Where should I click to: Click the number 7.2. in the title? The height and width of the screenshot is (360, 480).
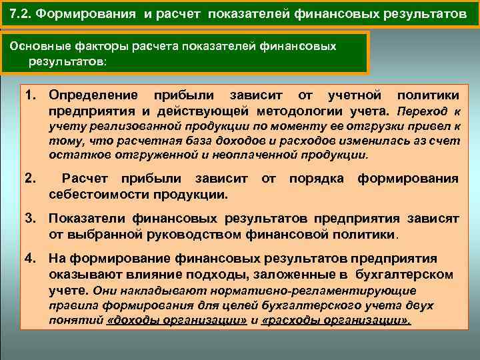pos(23,13)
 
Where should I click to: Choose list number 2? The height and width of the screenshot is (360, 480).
pos(29,179)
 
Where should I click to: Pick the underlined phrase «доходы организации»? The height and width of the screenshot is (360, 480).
pos(174,319)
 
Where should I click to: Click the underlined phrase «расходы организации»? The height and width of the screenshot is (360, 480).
pos(337,319)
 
